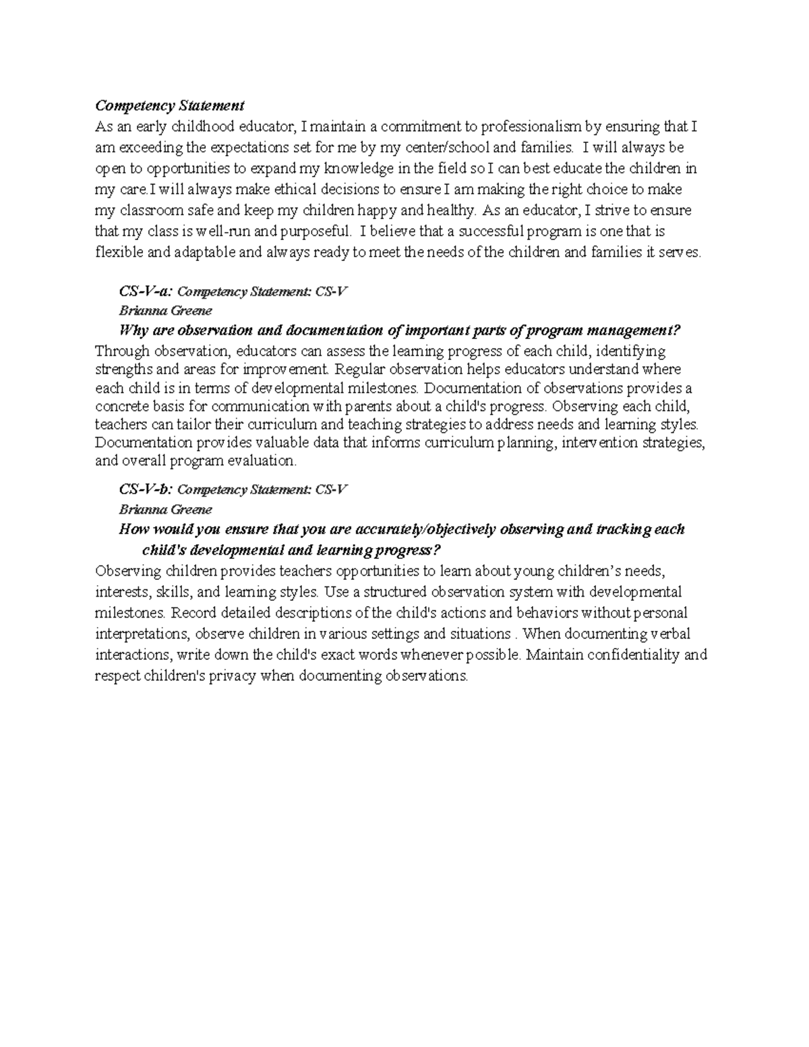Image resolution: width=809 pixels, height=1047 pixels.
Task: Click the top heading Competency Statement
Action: (169, 106)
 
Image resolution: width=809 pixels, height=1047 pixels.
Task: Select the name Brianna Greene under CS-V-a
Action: (165, 311)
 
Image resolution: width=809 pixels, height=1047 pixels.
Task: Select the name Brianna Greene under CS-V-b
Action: (165, 509)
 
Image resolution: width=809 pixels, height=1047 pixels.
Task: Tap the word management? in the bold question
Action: (634, 330)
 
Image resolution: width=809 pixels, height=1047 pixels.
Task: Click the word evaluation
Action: (260, 461)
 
